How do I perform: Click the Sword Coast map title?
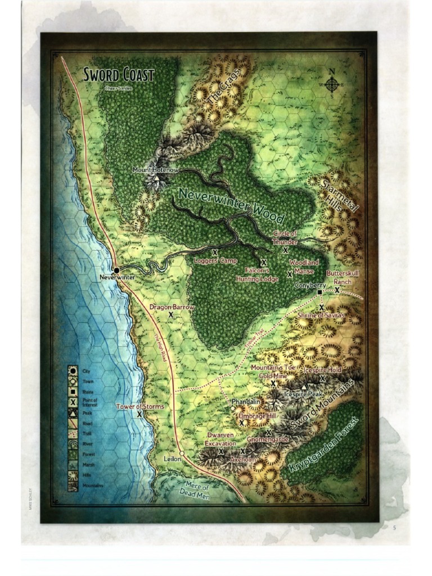pos(119,75)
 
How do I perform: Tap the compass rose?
pos(331,85)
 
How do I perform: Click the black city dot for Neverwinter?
pos(116,271)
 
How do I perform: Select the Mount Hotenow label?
pos(155,169)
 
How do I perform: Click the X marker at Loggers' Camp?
pos(215,253)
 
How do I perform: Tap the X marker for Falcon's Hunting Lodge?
pos(263,263)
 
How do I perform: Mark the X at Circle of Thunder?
pos(286,250)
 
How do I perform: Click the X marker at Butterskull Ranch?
pos(337,290)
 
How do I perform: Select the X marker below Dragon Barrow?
pos(170,316)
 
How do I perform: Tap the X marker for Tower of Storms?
pos(139,414)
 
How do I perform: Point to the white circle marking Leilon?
pos(182,453)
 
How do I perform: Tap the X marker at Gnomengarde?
pos(269,433)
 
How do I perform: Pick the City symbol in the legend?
pos(73,371)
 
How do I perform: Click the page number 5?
pos(394,527)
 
